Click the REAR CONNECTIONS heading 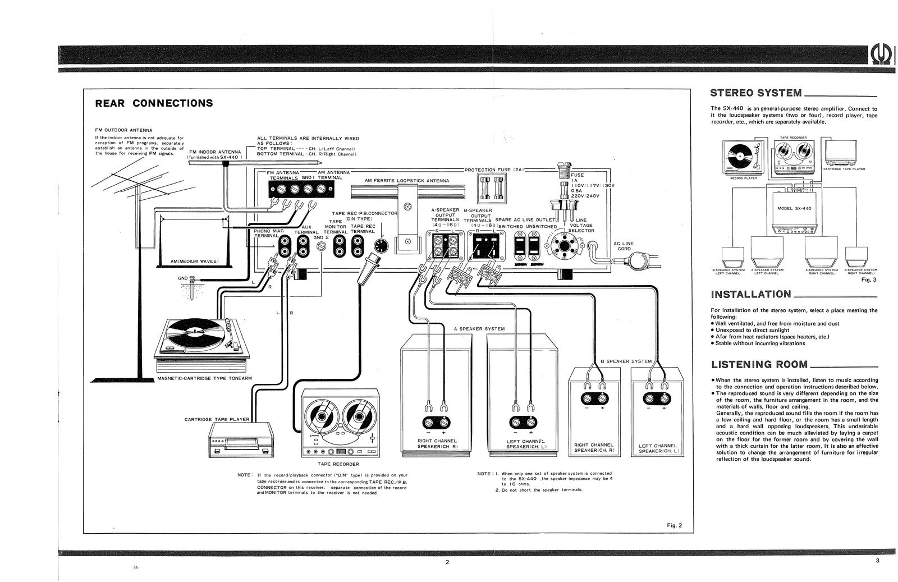[x=154, y=103]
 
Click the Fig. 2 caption [x=673, y=525]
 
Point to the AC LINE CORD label [x=624, y=246]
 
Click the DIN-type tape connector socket [x=381, y=246]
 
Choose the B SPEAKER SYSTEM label [x=626, y=361]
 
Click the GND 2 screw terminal [x=322, y=246]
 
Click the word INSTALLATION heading [x=751, y=294]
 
